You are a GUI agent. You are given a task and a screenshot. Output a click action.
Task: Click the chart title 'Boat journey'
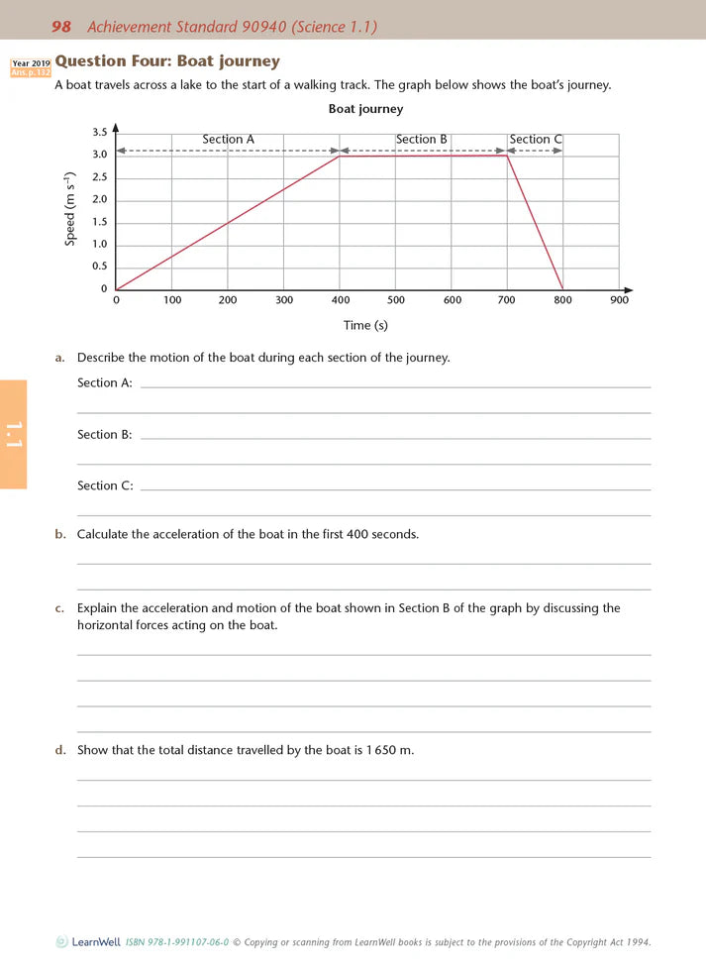pos(365,109)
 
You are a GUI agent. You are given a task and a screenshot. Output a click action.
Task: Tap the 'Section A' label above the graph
pos(228,140)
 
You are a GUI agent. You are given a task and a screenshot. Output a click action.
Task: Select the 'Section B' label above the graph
pos(422,140)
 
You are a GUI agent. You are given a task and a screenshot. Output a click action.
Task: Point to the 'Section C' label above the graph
pos(536,140)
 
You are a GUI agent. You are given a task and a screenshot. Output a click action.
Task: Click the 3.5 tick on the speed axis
pos(99,133)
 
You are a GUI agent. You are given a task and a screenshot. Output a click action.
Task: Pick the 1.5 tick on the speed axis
pos(99,222)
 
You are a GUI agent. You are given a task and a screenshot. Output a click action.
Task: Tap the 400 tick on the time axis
pos(340,300)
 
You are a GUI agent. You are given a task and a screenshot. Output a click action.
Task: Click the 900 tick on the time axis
pos(620,300)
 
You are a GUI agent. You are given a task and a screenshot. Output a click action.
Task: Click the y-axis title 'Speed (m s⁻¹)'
pos(70,210)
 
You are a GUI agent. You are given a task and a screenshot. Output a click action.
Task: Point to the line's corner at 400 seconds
pos(340,157)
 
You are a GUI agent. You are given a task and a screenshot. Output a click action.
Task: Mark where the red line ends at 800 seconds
pos(563,289)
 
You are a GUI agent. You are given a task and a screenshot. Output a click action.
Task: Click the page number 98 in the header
pos(61,27)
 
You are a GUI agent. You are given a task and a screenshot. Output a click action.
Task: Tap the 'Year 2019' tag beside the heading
pos(31,62)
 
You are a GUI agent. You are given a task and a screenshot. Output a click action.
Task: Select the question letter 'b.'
pos(60,534)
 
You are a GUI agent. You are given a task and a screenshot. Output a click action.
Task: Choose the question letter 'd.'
pos(60,750)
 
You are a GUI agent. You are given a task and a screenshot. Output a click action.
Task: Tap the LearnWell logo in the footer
pos(61,942)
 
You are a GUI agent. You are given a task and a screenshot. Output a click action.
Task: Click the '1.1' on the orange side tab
pos(13,435)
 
